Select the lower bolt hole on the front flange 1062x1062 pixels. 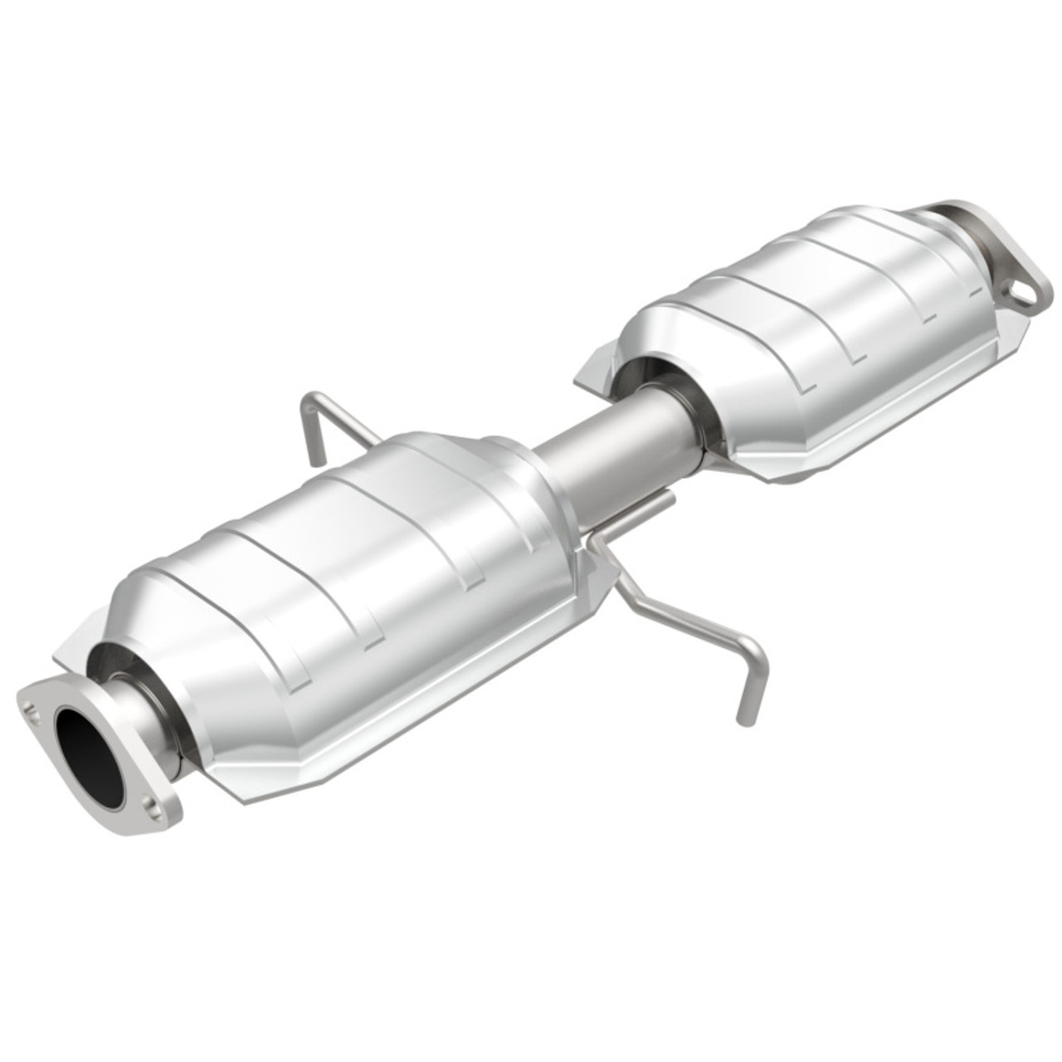coord(150,804)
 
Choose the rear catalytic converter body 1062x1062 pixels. coord(813,332)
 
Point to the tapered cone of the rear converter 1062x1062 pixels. coord(664,332)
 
